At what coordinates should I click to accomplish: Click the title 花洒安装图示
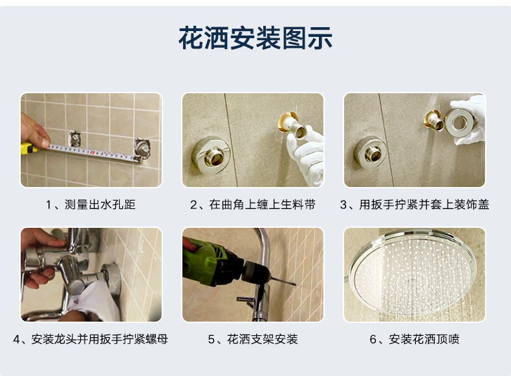(x=255, y=38)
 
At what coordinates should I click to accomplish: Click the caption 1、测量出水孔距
(x=91, y=205)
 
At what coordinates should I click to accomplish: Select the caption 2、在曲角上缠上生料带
(x=253, y=205)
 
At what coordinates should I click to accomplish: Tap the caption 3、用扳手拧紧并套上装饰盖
(x=415, y=205)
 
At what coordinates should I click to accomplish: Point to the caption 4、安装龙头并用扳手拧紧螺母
(x=91, y=339)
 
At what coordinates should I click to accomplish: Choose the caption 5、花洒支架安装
(x=253, y=339)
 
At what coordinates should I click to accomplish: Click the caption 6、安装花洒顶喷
(x=415, y=339)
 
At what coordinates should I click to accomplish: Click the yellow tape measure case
(x=28, y=148)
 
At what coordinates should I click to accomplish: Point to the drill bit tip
(x=294, y=284)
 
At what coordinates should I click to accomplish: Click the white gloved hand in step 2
(x=305, y=156)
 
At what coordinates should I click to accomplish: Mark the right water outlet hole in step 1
(x=143, y=149)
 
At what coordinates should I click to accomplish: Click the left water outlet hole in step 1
(x=75, y=139)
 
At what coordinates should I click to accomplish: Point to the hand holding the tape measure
(x=34, y=130)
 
